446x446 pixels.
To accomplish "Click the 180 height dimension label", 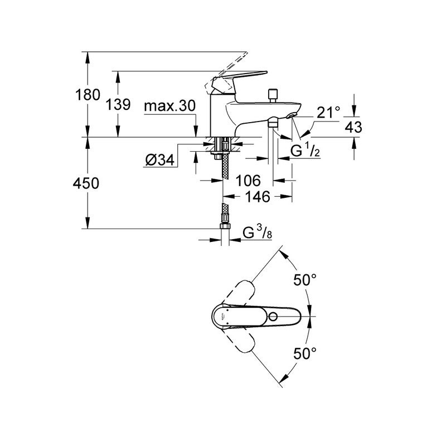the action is point(88,95).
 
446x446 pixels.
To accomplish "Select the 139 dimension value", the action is point(118,104).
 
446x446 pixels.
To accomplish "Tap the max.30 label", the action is point(170,106).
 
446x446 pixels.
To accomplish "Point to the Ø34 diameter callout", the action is point(159,161).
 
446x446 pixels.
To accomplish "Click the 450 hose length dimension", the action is point(86,183).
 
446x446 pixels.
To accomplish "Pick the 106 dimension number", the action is point(248,181).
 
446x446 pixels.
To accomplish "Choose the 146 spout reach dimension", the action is point(258,197).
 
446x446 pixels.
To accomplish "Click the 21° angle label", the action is point(328,113).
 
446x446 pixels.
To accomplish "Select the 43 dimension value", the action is point(353,127).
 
